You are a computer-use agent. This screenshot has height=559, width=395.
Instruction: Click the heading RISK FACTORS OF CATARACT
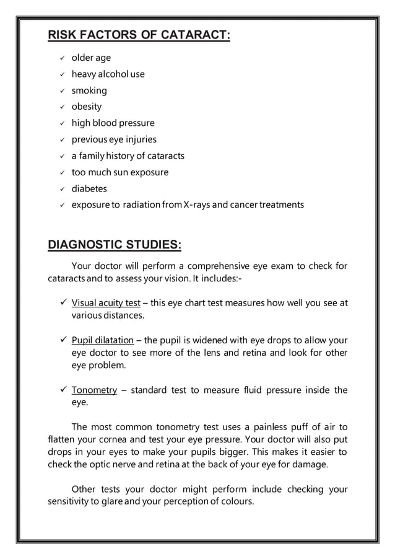click(x=139, y=35)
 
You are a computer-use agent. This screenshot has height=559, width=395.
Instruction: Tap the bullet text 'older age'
click(x=91, y=58)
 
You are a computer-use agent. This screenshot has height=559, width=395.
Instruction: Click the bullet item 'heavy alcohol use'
click(x=108, y=74)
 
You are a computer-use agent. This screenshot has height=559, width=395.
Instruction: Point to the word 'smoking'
click(x=89, y=90)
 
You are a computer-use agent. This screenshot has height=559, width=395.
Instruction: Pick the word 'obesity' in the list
click(x=87, y=107)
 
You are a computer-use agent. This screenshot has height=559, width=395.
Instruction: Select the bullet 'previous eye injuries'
click(x=114, y=139)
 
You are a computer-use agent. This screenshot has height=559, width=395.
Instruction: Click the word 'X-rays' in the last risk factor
click(x=197, y=205)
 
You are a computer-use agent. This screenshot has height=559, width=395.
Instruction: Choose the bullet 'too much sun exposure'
click(x=119, y=172)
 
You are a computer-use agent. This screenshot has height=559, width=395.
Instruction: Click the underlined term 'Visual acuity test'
click(x=106, y=303)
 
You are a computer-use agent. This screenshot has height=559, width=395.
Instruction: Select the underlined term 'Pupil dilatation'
click(x=103, y=340)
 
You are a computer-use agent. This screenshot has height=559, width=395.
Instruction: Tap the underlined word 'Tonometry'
click(x=94, y=390)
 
